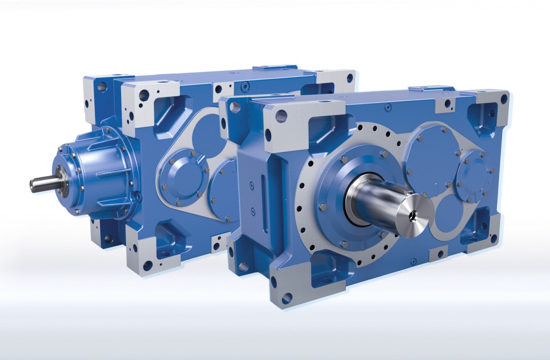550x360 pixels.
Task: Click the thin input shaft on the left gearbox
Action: pos(44,184)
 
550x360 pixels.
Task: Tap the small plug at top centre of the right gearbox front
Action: pos(388,107)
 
